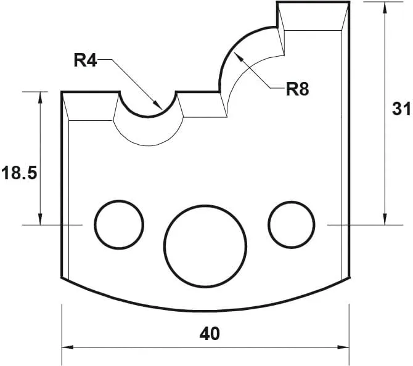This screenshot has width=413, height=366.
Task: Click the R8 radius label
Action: tap(297, 89)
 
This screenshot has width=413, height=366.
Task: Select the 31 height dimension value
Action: tap(401, 109)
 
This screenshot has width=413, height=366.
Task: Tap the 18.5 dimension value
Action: tap(20, 173)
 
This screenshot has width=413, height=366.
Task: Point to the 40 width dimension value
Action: tap(210, 334)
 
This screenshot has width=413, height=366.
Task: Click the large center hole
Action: tap(205, 245)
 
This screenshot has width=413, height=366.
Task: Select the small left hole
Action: tap(119, 223)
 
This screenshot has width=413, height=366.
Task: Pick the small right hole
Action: tap(292, 223)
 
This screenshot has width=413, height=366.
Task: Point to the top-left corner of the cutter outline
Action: tap(62, 92)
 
